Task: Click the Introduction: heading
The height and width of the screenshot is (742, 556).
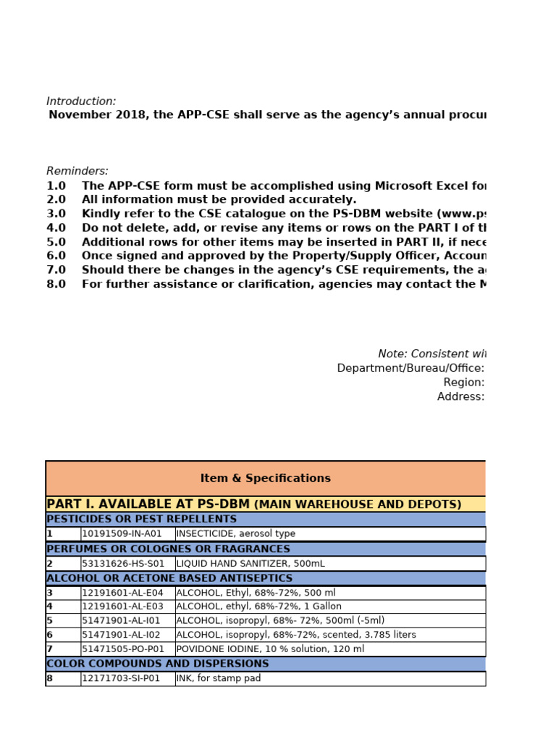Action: click(x=81, y=101)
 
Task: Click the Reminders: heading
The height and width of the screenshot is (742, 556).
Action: click(x=77, y=171)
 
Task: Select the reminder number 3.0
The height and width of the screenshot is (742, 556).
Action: click(x=56, y=214)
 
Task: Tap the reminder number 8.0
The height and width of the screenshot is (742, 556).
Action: click(x=56, y=284)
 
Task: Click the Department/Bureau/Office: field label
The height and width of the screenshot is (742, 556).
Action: click(x=410, y=368)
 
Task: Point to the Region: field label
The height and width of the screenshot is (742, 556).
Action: click(x=464, y=382)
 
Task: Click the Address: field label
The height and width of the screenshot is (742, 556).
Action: click(x=460, y=396)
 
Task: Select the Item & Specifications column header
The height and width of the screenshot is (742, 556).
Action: click(x=265, y=478)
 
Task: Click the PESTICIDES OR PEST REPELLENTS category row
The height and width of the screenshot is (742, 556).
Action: click(x=141, y=519)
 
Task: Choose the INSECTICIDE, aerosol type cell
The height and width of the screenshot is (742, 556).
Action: click(x=235, y=534)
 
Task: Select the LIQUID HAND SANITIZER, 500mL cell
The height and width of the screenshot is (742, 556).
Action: click(x=250, y=563)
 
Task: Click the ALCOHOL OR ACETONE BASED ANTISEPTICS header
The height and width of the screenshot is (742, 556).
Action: click(x=169, y=578)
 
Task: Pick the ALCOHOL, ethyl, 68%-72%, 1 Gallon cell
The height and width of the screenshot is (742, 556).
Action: click(x=258, y=606)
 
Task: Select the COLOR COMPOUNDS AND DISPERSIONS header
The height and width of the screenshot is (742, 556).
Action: click(x=157, y=664)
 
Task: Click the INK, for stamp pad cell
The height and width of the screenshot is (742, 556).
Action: click(x=218, y=679)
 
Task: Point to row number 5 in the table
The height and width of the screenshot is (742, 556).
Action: click(x=50, y=621)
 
